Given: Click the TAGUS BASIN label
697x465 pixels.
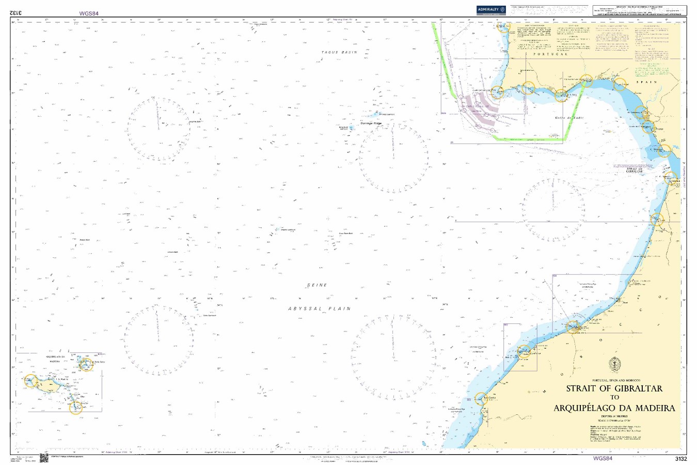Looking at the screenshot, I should pyautogui.click(x=339, y=53).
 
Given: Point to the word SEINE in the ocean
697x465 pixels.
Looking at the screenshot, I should pyautogui.click(x=317, y=285).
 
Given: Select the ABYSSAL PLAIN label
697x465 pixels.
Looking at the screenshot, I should pyautogui.click(x=319, y=308).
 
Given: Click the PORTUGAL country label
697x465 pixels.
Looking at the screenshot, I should pyautogui.click(x=550, y=54).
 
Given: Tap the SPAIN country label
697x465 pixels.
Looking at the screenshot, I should pyautogui.click(x=646, y=82).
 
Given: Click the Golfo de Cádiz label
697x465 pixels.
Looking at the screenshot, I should pyautogui.click(x=569, y=118).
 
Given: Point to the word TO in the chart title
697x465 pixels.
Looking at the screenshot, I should pyautogui.click(x=614, y=398).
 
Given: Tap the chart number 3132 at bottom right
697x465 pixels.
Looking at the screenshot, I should pyautogui.click(x=680, y=458).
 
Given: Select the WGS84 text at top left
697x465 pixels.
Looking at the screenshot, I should pyautogui.click(x=89, y=13).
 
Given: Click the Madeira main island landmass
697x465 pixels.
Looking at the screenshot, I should pyautogui.click(x=52, y=385).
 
